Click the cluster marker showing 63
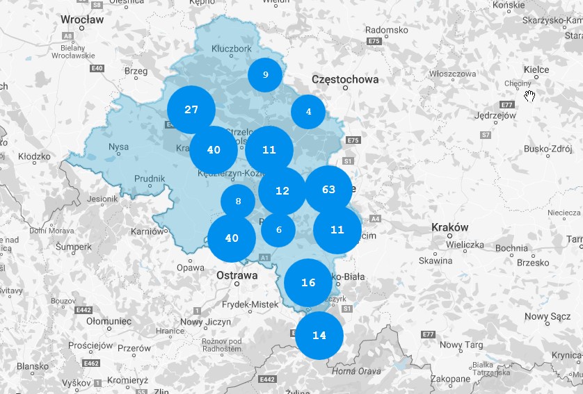tap(328, 190)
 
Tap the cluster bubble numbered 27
tap(191, 110)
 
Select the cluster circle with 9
tap(265, 75)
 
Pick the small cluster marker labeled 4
tap(308, 112)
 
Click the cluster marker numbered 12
tap(282, 190)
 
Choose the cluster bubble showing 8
tap(238, 202)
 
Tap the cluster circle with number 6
tap(278, 230)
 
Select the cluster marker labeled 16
tap(308, 283)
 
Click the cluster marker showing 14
tap(319, 336)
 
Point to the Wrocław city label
tap(82, 20)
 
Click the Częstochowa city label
tap(346, 79)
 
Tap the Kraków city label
tap(450, 227)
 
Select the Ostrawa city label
tap(237, 275)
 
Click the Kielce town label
tap(536, 69)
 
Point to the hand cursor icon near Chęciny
tap(530, 95)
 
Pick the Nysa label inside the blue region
tap(119, 147)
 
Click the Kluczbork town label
tap(231, 49)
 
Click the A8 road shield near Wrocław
tap(67, 35)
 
